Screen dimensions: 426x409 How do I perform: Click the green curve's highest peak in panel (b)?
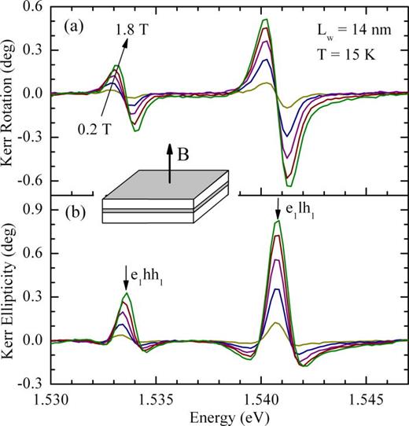click(x=277, y=222)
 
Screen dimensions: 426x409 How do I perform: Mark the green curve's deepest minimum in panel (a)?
click(x=290, y=186)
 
